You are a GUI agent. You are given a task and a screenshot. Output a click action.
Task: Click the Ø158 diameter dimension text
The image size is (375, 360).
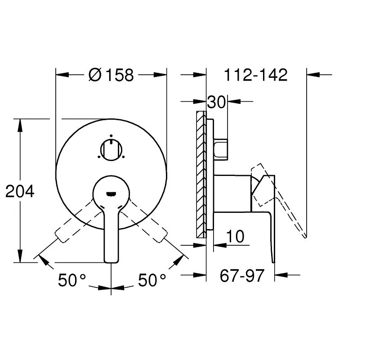point(112,75)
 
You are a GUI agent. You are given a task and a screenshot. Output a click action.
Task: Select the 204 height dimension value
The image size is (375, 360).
point(20,192)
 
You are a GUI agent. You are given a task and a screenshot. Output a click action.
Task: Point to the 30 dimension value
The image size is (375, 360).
point(216,102)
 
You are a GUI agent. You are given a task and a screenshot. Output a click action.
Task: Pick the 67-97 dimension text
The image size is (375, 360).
point(242,275)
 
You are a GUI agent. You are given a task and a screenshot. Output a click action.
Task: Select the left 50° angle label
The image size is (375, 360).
point(72,281)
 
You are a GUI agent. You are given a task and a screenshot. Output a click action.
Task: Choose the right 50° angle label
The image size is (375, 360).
point(152,281)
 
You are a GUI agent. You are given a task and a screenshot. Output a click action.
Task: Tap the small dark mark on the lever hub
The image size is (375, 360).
point(111,194)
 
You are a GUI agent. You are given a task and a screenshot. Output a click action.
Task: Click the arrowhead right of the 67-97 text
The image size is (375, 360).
point(281,275)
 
